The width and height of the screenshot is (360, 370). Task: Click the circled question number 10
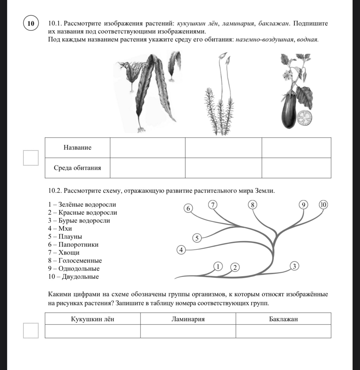click(31, 23)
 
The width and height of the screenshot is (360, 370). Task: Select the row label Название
click(78, 148)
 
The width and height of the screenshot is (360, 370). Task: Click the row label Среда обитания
click(77, 168)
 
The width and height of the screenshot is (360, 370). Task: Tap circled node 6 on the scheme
click(188, 208)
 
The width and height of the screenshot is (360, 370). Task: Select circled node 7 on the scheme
click(212, 205)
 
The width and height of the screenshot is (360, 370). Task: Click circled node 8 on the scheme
click(252, 205)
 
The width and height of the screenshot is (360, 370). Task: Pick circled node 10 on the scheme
click(323, 205)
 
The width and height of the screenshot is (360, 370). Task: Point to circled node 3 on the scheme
click(294, 266)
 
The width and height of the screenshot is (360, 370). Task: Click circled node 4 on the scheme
click(181, 250)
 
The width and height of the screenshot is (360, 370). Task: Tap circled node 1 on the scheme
click(218, 266)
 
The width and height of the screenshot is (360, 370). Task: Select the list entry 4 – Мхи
click(60, 229)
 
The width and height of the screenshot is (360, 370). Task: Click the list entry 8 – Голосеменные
click(75, 261)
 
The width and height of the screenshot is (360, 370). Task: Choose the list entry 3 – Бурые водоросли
click(79, 221)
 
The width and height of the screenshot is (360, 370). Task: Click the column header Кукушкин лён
click(93, 319)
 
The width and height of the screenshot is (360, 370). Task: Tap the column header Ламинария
click(188, 319)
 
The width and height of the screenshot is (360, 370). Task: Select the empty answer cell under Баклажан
click(283, 331)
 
